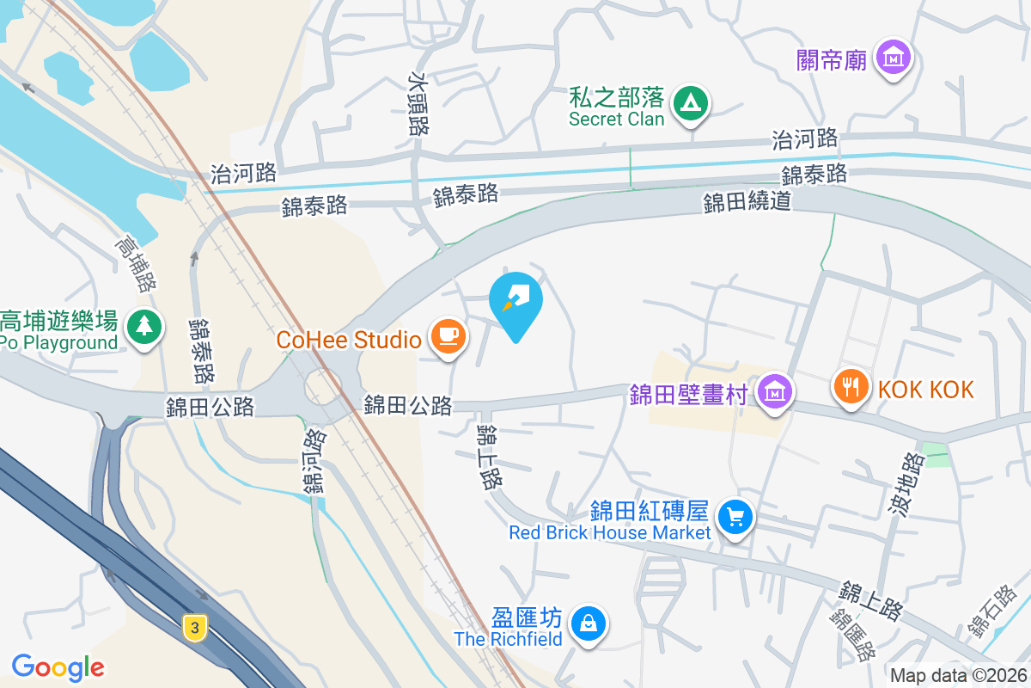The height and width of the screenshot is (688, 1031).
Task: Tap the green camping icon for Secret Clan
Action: coord(688,104)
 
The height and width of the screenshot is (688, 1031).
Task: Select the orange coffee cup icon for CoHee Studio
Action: coord(447,335)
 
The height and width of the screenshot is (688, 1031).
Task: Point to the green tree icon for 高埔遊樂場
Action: coord(144,328)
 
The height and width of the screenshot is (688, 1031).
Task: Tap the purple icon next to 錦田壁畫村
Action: coord(775,392)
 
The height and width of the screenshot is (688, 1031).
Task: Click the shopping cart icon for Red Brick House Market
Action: coord(735,518)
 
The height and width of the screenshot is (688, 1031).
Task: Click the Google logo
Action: coord(58,667)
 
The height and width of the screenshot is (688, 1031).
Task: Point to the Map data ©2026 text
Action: coord(957,675)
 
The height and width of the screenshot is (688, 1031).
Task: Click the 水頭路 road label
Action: coord(418,104)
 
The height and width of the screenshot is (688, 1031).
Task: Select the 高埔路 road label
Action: coord(137,264)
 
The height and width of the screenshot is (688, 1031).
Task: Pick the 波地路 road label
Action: coord(905,487)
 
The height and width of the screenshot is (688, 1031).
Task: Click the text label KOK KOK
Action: coord(926,390)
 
